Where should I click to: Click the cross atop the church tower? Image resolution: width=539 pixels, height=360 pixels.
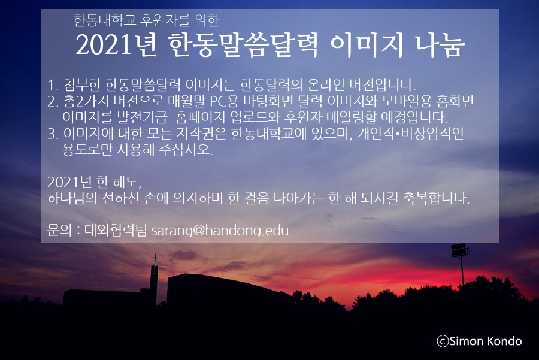[x=155, y=259]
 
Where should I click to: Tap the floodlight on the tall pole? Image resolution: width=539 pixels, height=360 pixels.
[x=460, y=250]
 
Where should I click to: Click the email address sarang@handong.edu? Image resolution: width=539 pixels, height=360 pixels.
[x=220, y=231]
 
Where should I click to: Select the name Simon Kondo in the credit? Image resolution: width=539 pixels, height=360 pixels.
[x=485, y=341]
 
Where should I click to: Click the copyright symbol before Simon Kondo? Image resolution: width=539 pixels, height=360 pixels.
[x=443, y=341]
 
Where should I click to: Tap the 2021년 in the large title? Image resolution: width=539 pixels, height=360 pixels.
[x=116, y=45]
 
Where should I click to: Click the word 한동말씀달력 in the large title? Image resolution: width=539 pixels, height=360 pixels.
[x=243, y=45]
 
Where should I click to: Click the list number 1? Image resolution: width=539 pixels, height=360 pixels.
[x=52, y=85]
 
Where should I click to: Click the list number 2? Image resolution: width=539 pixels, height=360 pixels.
[x=52, y=101]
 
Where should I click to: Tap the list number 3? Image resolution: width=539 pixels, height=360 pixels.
[x=52, y=134]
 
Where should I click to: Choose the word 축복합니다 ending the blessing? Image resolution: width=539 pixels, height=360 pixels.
[x=436, y=198]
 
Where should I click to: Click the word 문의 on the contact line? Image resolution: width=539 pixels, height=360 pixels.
[x=59, y=231]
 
